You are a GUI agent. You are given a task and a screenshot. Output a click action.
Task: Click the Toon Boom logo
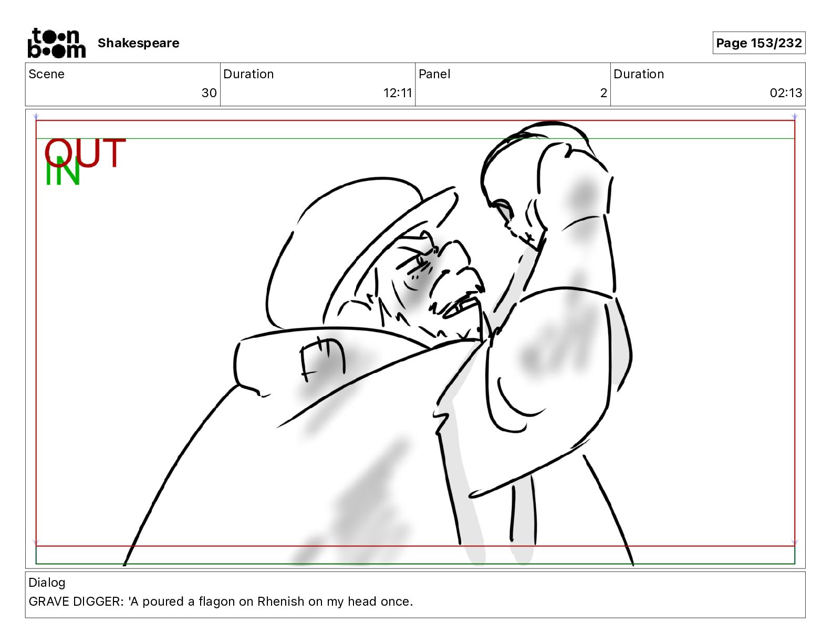pos(57,43)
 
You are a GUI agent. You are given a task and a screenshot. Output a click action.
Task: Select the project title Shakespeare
pos(138,43)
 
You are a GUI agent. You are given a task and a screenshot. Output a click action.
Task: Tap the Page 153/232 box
pos(759,43)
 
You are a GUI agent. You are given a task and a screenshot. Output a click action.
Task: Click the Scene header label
pos(46,74)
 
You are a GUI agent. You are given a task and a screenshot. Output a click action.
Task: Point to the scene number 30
pos(209,92)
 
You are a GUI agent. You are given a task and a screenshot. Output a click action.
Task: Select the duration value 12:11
pos(398,92)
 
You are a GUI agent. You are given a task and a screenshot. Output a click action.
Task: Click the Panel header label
pos(434,74)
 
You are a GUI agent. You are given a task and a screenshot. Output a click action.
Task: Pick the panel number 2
pos(604,92)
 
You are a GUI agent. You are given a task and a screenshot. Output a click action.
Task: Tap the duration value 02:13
pos(786,92)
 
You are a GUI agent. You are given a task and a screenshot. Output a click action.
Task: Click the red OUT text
pos(85,153)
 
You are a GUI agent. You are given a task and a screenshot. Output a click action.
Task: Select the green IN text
pos(63,172)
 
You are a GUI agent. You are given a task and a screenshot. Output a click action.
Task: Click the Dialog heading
pos(47,583)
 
